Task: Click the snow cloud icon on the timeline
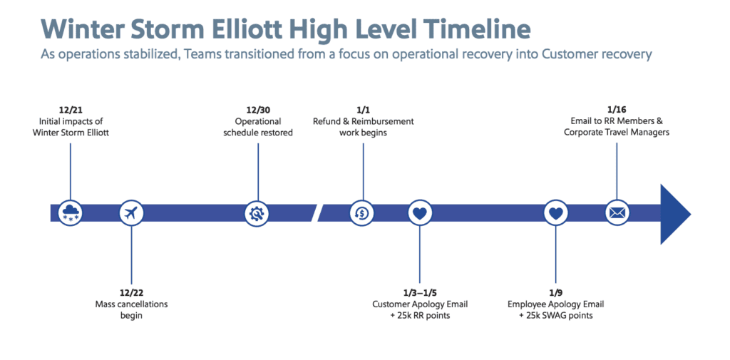pos(71,213)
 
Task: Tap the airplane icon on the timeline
pos(131,213)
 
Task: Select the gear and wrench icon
pos(257,213)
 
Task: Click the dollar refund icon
pos(363,213)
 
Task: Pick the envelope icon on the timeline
pos(617,213)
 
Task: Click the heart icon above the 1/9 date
pos(556,213)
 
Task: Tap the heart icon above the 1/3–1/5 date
pos(420,213)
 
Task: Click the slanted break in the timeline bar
pos(320,213)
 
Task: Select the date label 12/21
pos(71,110)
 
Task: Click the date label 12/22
pos(131,294)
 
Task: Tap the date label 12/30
pos(258,110)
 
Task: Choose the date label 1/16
pos(617,110)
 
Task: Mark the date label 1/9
pos(555,294)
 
